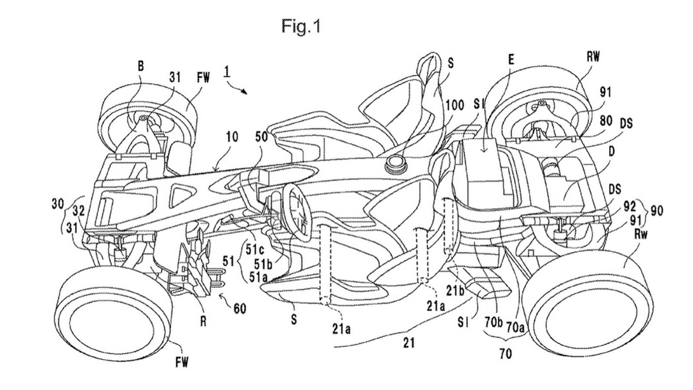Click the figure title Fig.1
pyautogui.click(x=301, y=26)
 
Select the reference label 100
pyautogui.click(x=454, y=105)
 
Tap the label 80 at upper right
pyautogui.click(x=606, y=121)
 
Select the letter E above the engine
pyautogui.click(x=511, y=60)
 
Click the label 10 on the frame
pyautogui.click(x=232, y=137)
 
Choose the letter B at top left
pyautogui.click(x=141, y=65)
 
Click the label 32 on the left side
pyautogui.click(x=78, y=210)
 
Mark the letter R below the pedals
pyautogui.click(x=202, y=322)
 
